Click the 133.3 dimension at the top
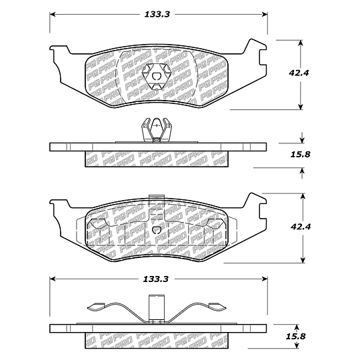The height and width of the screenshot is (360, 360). (x=157, y=15)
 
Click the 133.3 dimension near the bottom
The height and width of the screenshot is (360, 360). (x=155, y=279)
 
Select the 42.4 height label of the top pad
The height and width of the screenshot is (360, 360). (x=299, y=73)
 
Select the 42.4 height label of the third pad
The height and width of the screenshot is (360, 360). (x=301, y=227)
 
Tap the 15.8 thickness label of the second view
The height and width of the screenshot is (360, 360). (x=300, y=154)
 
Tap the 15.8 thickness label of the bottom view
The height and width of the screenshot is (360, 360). (x=296, y=337)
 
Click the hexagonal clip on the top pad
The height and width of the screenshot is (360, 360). (x=157, y=76)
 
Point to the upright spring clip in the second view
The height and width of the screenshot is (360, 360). (x=157, y=130)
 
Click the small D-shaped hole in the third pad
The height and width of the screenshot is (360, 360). (x=156, y=229)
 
